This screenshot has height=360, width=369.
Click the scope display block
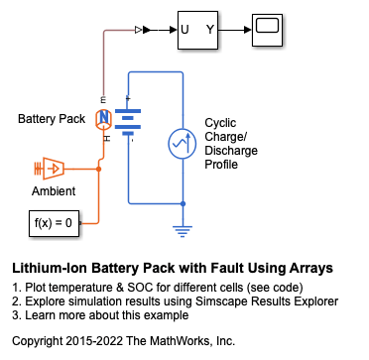[x=267, y=30]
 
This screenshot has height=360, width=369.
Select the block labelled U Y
[x=197, y=30]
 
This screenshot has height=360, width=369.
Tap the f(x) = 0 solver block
[x=54, y=223]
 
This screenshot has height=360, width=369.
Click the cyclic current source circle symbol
[x=183, y=143]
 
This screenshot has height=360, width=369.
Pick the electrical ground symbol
[x=183, y=231]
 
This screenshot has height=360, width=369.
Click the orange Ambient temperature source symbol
[x=50, y=169]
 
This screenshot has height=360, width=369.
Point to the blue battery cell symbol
[x=128, y=122]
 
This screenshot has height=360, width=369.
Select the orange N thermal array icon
[x=104, y=119]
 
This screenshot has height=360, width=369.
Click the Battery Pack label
[x=52, y=119]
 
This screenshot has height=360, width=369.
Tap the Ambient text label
[x=54, y=191]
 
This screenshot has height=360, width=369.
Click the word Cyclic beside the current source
[x=220, y=123]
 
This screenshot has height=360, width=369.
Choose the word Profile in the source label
[x=221, y=165]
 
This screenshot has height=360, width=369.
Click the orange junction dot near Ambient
[x=98, y=169]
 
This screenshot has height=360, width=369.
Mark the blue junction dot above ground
[x=183, y=203]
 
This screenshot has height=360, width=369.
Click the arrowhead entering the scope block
[x=248, y=30]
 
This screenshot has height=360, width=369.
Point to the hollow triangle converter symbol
[x=138, y=30]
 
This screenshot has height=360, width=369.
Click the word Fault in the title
[x=219, y=269]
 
